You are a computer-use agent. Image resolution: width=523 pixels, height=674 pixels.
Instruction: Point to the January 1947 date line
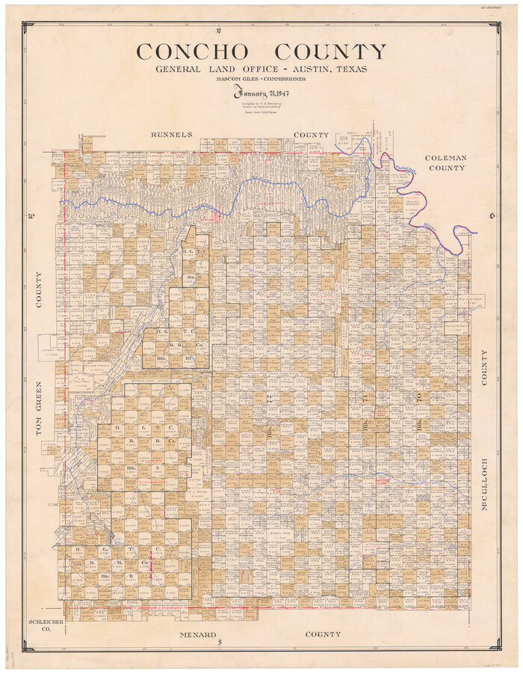[261, 94]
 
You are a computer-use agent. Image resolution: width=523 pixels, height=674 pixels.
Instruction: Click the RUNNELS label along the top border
[172, 135]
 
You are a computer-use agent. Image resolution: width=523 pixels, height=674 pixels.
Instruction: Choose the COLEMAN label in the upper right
[446, 158]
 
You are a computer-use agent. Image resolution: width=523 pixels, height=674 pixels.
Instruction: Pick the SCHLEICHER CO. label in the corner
[39, 625]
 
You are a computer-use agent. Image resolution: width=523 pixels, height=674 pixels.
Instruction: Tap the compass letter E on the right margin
[492, 217]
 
